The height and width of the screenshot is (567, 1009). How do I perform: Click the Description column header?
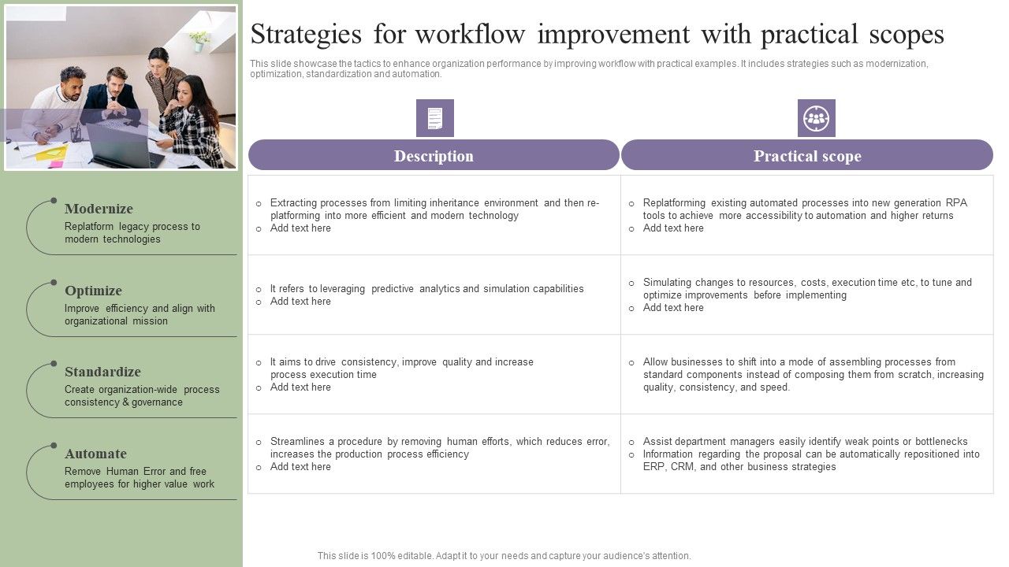[x=434, y=156]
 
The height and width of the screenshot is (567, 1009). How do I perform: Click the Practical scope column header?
[x=806, y=156]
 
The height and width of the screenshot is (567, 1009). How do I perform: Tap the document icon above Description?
[x=435, y=118]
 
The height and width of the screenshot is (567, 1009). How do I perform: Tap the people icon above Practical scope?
[x=816, y=118]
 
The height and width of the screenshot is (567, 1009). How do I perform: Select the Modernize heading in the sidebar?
[x=99, y=209]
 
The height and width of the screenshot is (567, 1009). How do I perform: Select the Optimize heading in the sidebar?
[x=93, y=291]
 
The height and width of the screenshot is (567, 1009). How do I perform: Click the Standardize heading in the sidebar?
[x=102, y=372]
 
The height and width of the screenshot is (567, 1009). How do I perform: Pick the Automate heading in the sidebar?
[x=95, y=454]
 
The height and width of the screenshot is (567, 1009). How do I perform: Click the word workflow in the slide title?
[x=470, y=35]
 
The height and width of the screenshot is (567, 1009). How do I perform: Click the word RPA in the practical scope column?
[x=955, y=203]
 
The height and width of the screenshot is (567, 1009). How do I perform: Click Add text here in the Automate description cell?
[x=300, y=467]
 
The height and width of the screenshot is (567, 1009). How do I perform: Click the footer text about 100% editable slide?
[x=504, y=556]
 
